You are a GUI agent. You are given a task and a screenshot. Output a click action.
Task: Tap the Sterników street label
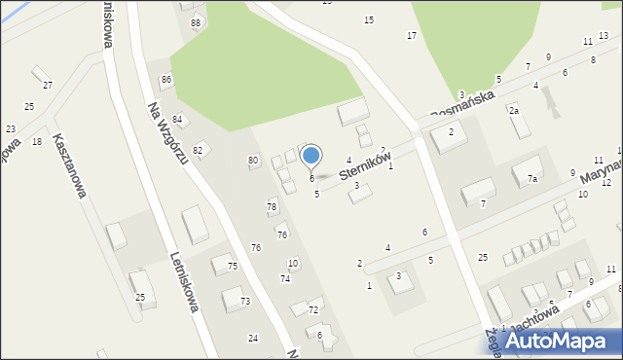[x=365, y=164]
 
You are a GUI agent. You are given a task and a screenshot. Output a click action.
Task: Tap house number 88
[x=196, y=22]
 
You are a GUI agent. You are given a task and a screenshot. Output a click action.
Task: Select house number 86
[x=166, y=79]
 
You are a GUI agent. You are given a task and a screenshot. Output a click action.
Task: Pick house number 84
[x=177, y=119]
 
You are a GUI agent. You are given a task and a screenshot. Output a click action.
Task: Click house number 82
[x=198, y=150]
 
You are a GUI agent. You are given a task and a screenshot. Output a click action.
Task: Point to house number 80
[x=253, y=160]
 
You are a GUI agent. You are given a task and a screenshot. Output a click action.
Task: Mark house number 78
[x=272, y=206]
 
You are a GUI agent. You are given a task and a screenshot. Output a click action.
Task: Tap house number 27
[x=47, y=87]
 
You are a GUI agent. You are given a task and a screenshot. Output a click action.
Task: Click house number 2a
[x=513, y=111]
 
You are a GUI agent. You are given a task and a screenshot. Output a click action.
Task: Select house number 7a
[x=531, y=179]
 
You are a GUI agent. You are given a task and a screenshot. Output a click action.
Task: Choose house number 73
[x=245, y=302]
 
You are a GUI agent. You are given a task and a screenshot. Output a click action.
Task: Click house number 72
[x=312, y=309]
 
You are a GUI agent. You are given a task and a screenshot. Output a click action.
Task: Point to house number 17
[x=412, y=35]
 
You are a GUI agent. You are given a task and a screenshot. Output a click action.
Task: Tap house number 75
[x=232, y=267]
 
